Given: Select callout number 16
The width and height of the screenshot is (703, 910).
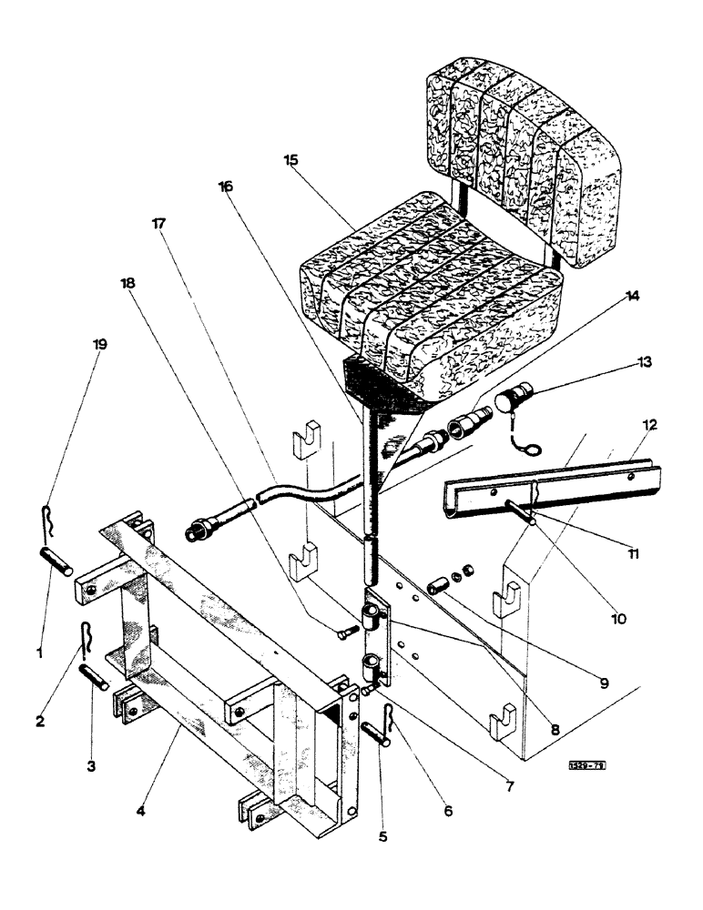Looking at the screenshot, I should click(x=226, y=186).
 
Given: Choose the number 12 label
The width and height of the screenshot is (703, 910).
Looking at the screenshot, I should click(x=649, y=424).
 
